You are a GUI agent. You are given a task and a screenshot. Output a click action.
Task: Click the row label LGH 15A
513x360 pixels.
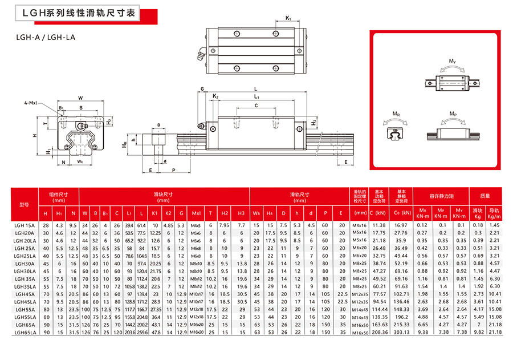24,225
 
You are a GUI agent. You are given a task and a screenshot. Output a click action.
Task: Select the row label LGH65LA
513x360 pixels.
25,331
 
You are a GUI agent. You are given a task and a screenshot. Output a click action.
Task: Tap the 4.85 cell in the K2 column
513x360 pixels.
168,225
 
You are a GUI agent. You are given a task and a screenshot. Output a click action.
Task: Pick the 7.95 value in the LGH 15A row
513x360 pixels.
225,225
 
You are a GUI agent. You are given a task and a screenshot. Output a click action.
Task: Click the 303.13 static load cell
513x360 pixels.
401,331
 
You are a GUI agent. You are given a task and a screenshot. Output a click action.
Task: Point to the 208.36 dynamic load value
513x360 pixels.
378,331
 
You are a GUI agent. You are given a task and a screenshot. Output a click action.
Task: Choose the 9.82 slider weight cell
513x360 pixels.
478,331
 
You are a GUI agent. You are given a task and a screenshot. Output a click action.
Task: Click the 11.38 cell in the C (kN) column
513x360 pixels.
378,225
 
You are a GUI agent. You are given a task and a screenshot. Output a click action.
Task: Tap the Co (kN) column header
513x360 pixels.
401,213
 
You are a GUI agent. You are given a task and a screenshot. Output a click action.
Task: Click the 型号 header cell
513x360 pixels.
24,204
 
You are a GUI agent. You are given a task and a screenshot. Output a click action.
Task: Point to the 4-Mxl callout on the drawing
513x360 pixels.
30,103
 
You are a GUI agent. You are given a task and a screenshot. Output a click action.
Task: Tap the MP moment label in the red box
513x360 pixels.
453,115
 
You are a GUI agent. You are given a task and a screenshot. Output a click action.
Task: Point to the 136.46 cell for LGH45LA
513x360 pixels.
401,301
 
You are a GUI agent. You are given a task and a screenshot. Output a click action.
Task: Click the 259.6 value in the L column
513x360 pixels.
141,331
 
